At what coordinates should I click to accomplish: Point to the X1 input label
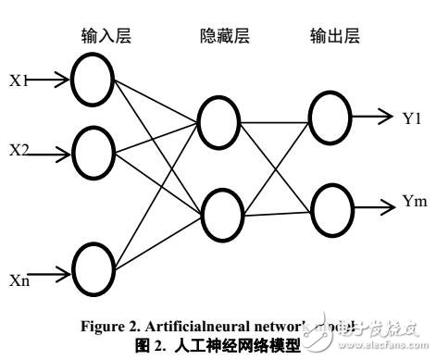18,81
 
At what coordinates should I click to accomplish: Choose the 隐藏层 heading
225,38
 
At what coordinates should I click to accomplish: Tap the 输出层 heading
333,37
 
